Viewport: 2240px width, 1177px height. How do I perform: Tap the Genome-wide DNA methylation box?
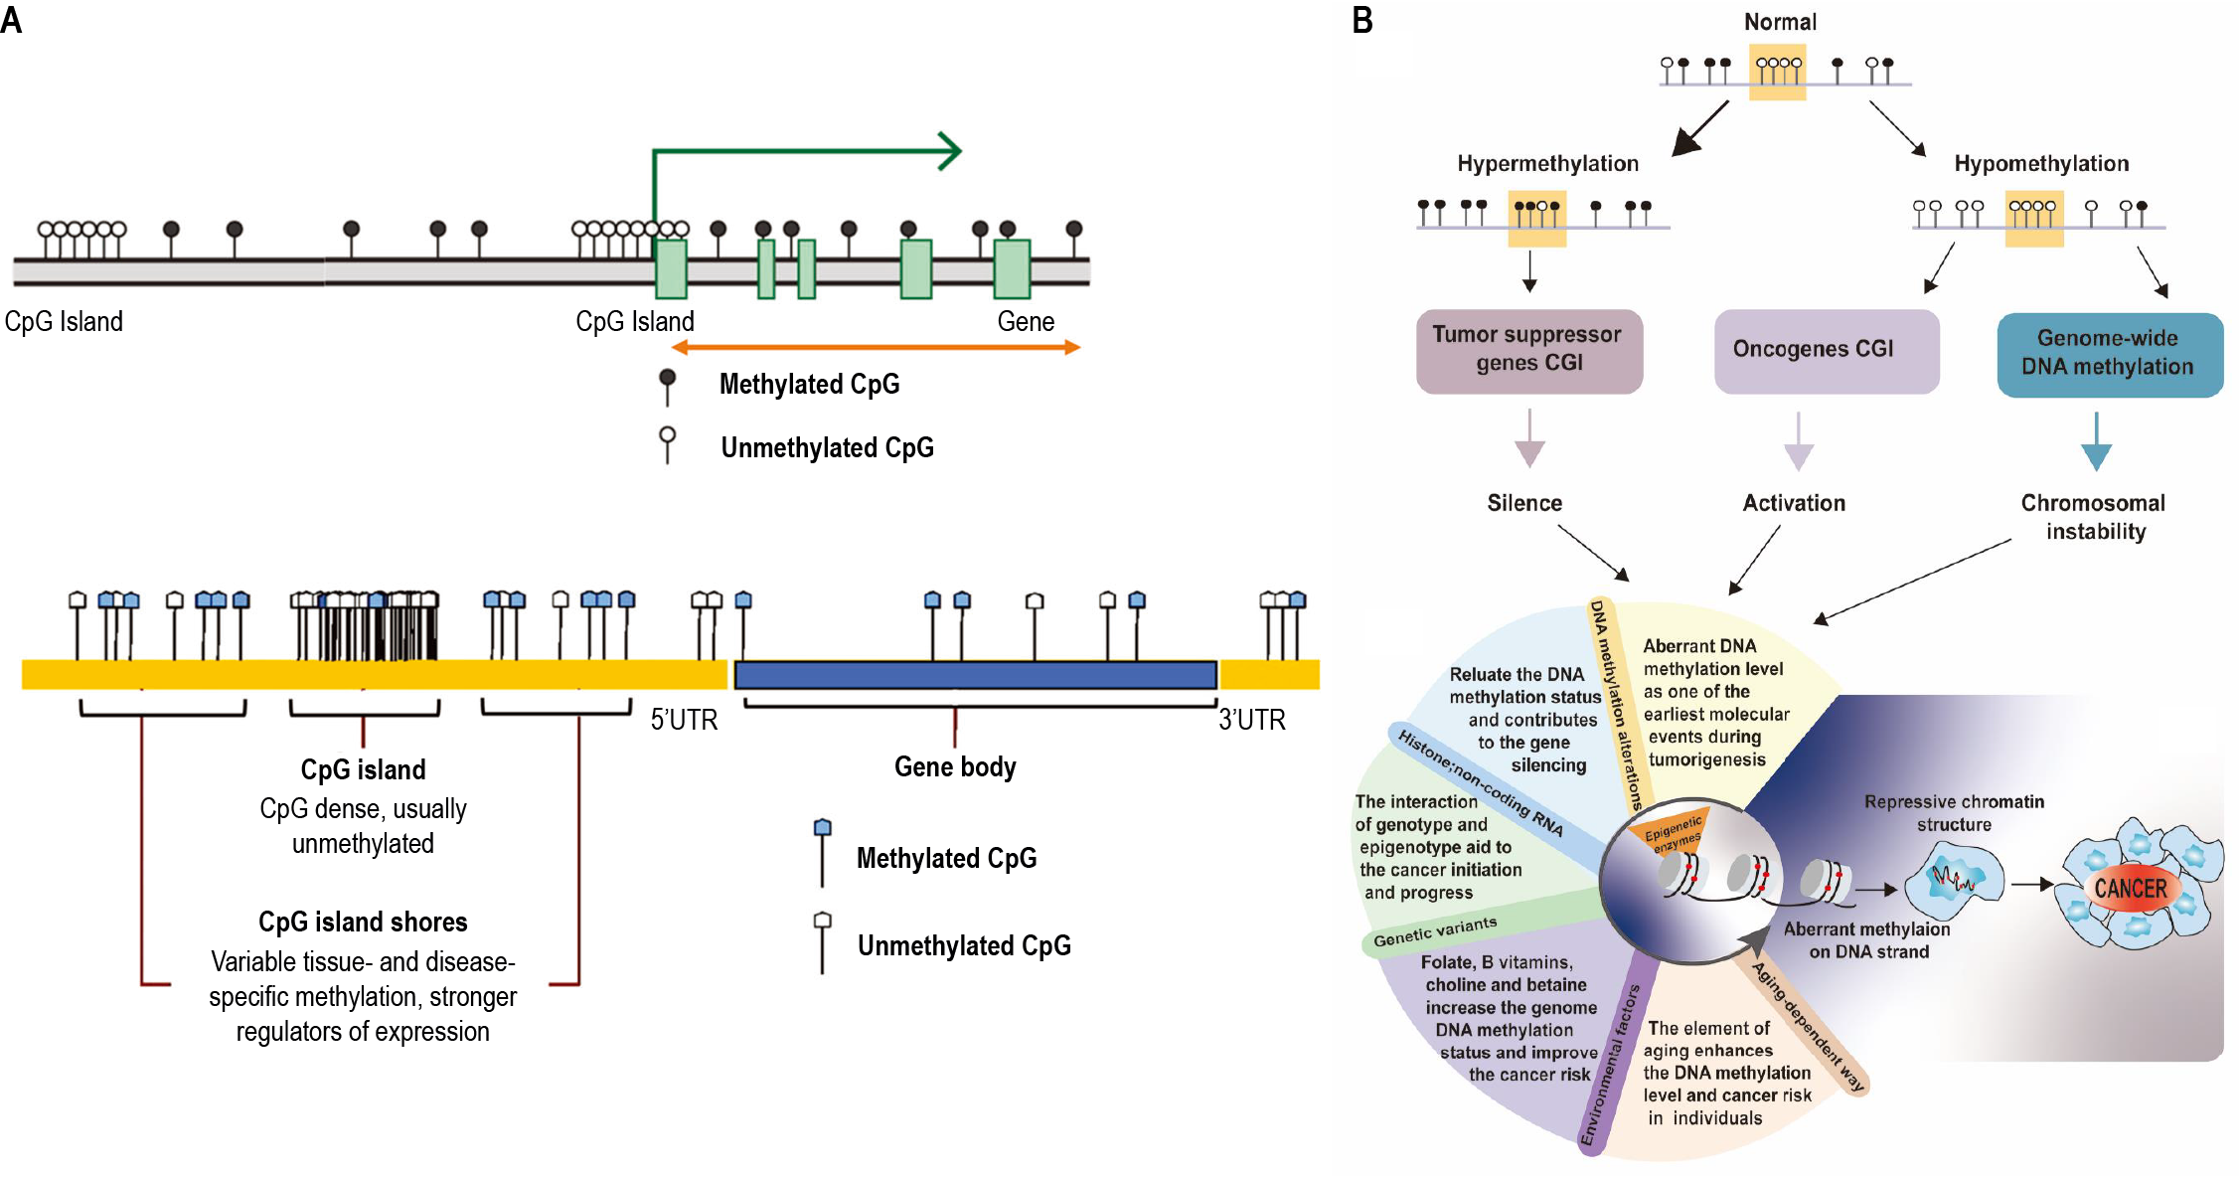(x=2109, y=354)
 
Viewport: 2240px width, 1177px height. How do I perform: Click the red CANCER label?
(x=2130, y=888)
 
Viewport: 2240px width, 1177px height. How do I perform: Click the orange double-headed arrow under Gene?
(x=876, y=347)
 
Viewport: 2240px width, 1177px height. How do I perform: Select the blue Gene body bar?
(x=975, y=675)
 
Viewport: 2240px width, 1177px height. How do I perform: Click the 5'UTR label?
(x=684, y=720)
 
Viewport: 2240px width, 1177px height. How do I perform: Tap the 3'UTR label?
(x=1251, y=720)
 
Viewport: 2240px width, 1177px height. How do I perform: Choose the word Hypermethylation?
(x=1547, y=164)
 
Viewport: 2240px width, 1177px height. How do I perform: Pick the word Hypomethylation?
(x=2041, y=164)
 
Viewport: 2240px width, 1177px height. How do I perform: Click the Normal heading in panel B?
(x=1780, y=22)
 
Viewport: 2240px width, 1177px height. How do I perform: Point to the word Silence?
(x=1523, y=503)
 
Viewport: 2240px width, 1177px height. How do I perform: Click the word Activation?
(x=1794, y=503)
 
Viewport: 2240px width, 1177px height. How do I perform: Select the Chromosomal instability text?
(x=2094, y=517)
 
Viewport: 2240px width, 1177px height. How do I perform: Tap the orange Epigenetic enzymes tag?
(x=1675, y=831)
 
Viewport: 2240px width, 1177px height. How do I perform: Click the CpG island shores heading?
(x=363, y=922)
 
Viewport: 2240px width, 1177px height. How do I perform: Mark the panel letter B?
(x=1362, y=20)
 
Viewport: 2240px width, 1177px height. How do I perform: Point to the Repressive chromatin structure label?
(x=1954, y=813)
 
